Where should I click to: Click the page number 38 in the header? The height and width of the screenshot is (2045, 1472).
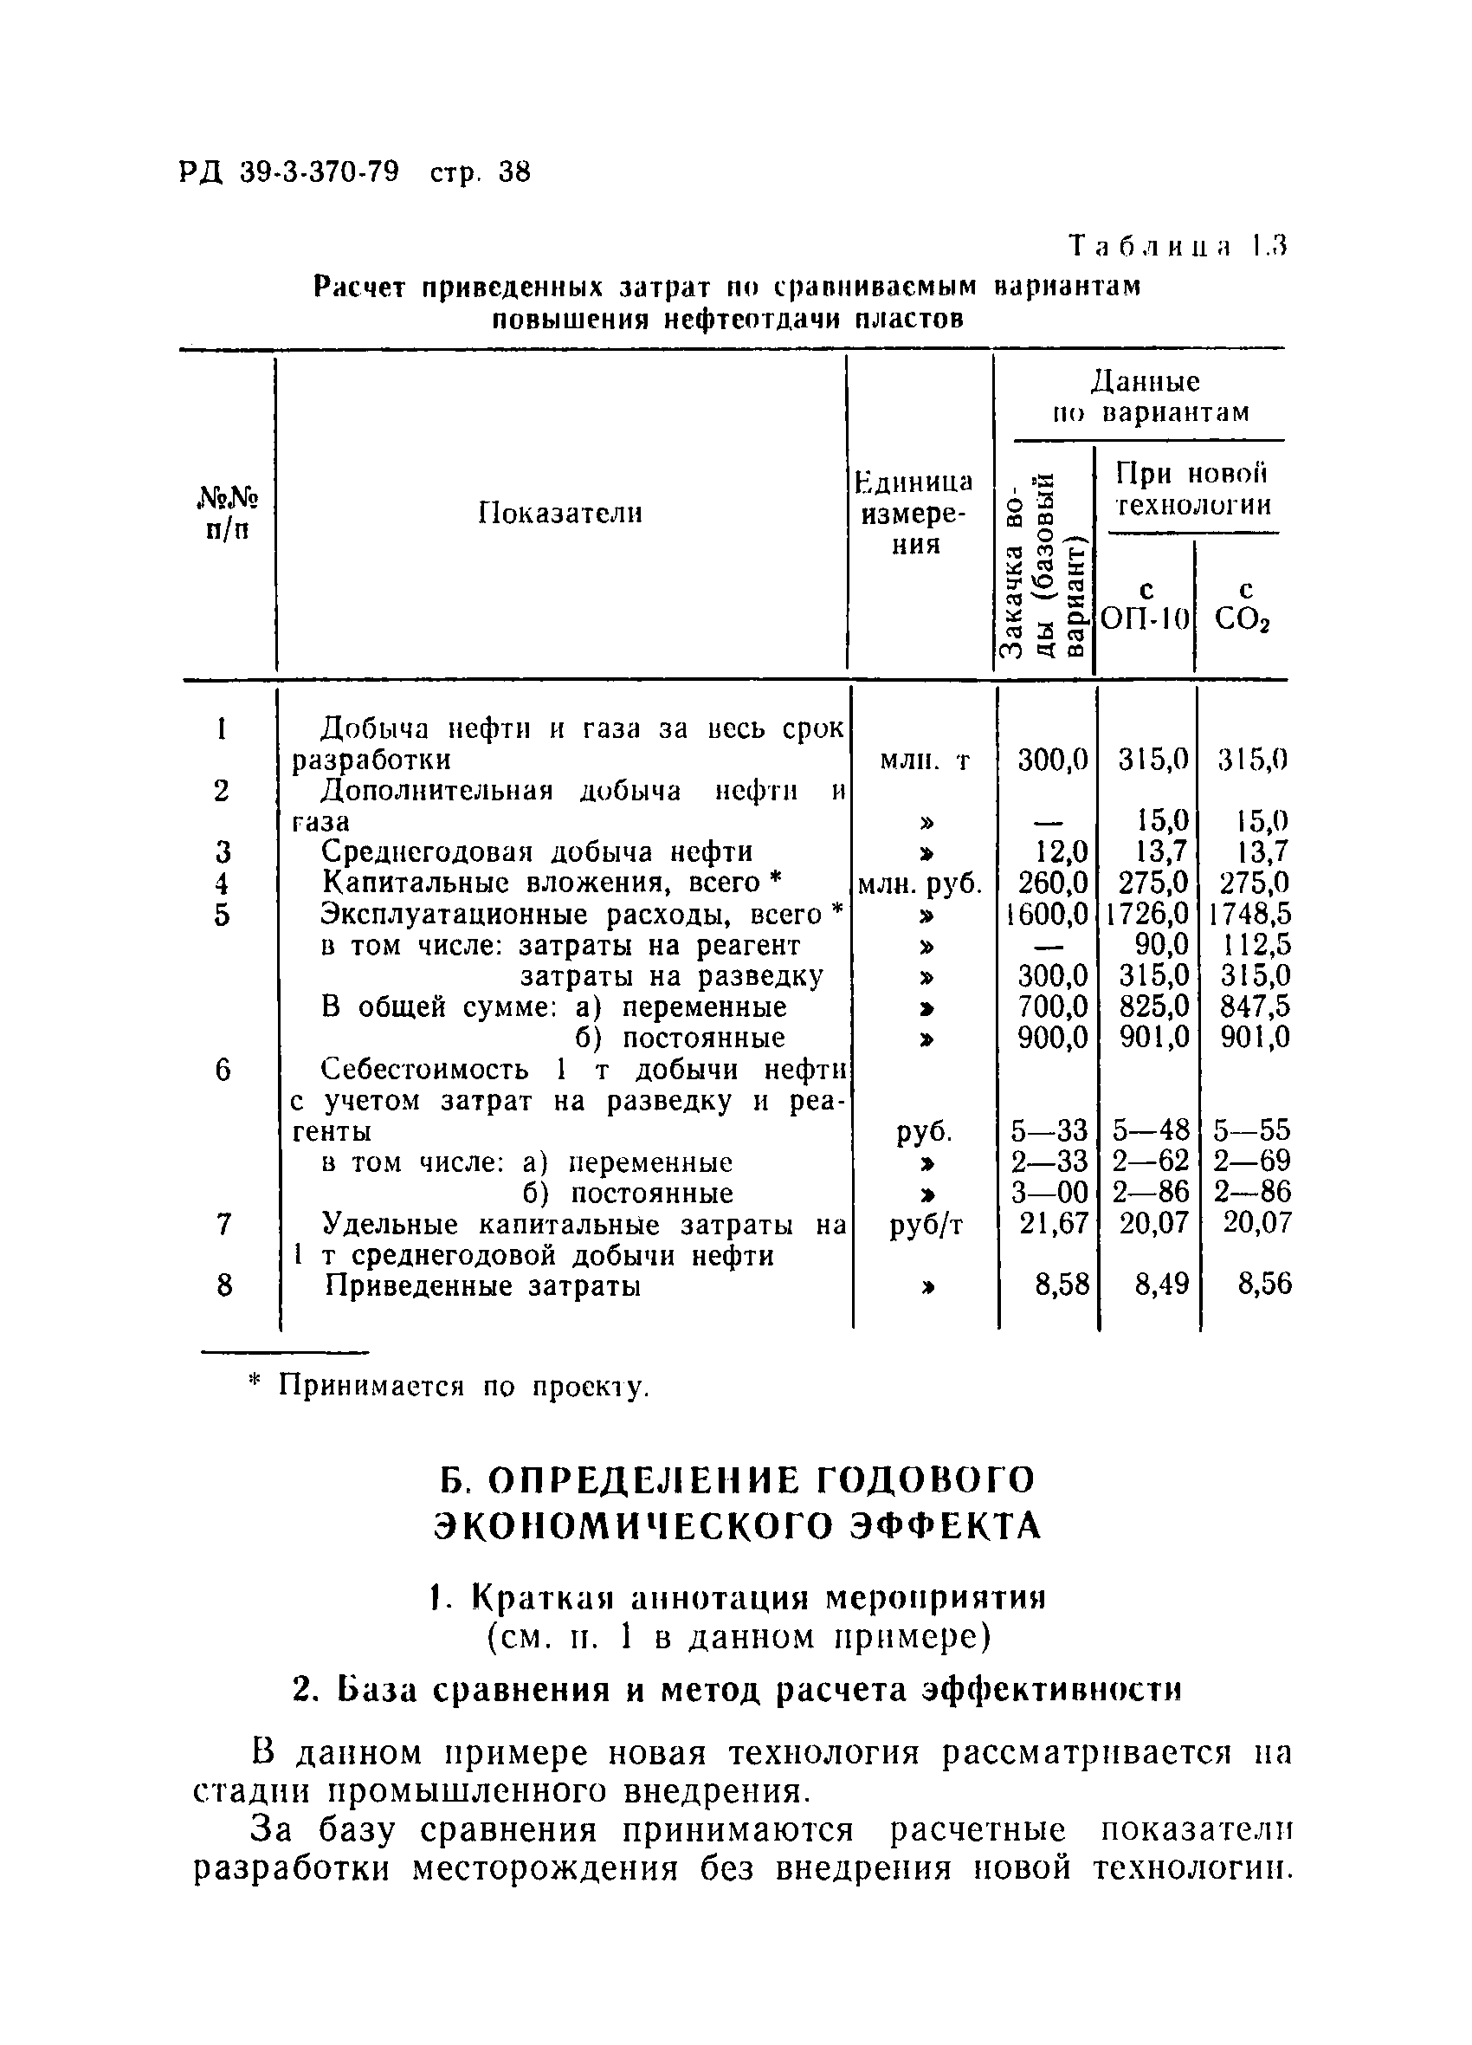point(513,172)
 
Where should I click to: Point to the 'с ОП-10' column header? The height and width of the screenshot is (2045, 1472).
point(1146,605)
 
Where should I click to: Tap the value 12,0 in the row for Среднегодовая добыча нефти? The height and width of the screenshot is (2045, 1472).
point(1062,851)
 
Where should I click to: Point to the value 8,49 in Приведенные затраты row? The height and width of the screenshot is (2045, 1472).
point(1158,1284)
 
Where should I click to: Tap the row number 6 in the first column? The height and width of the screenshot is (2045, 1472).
point(223,1071)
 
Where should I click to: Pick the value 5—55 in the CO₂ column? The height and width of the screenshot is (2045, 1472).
point(1251,1129)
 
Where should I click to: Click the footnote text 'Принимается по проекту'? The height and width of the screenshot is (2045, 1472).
point(462,1387)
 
